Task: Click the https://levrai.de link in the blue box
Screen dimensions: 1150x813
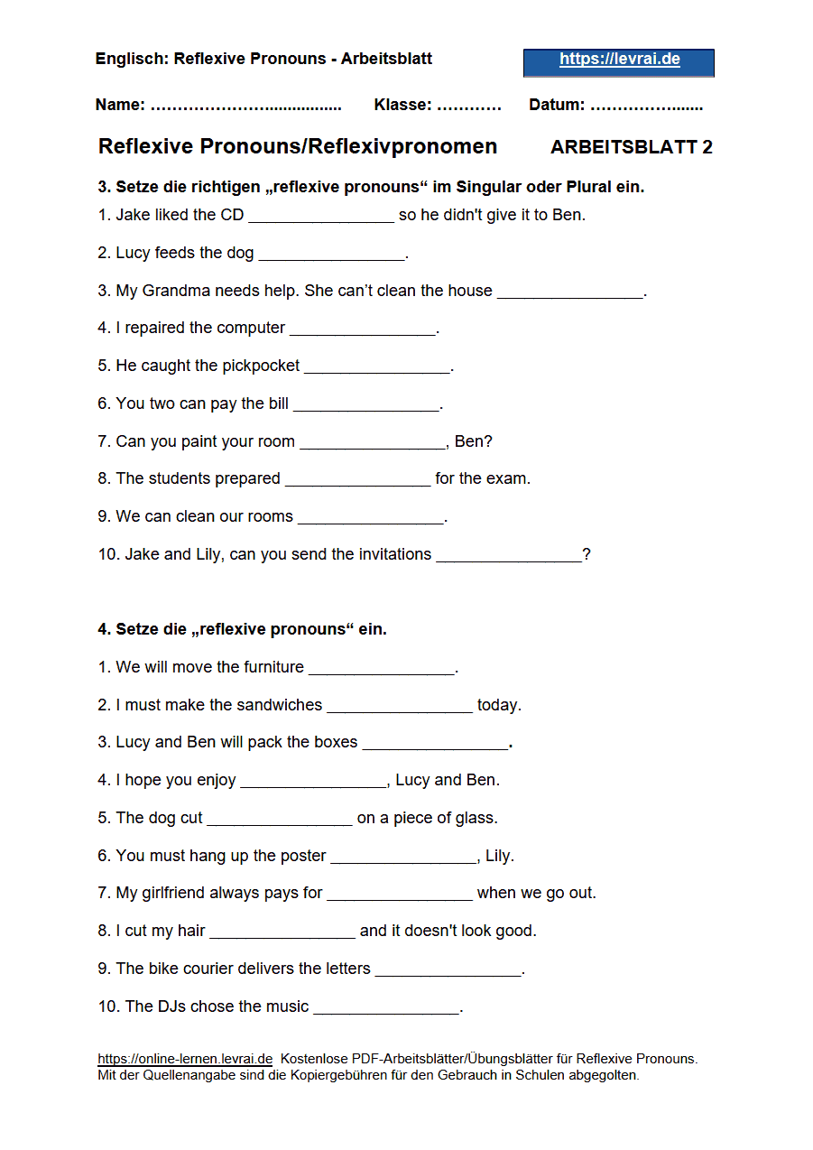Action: coord(619,60)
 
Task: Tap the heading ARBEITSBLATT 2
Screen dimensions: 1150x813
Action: coord(631,147)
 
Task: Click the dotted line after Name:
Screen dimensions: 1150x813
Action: coord(245,106)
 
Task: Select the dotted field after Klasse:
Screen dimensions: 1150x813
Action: coord(468,106)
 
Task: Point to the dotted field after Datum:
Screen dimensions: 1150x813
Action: coord(646,106)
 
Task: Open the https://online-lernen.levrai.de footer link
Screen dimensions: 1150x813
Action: coord(185,1059)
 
